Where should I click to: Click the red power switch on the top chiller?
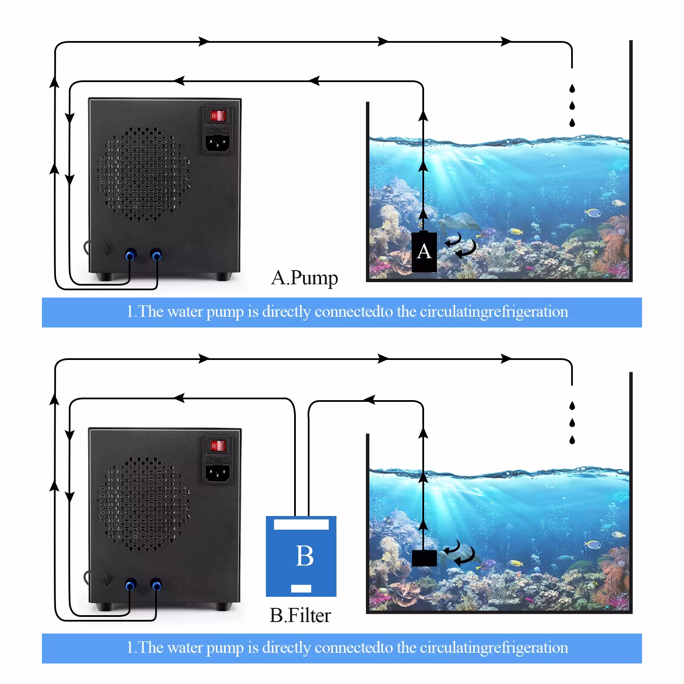point(217,115)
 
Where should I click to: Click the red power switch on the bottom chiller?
point(217,446)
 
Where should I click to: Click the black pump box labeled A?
point(424,252)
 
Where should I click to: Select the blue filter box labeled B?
point(301,556)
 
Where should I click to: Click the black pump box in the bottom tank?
point(424,558)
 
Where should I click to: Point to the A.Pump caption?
point(304,278)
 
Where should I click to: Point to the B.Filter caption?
point(300,616)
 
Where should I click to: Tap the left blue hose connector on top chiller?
point(130,255)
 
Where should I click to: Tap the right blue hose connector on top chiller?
point(156,255)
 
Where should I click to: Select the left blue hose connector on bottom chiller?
point(130,584)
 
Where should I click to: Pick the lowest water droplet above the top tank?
point(572,123)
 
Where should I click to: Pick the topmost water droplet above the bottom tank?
point(572,405)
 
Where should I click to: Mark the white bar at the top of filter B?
point(301,525)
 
